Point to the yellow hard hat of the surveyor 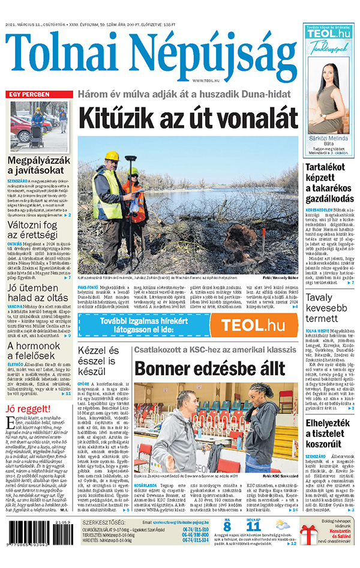(112, 156)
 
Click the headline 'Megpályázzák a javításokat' (40, 168)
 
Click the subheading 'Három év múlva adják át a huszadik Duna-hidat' (187, 94)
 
